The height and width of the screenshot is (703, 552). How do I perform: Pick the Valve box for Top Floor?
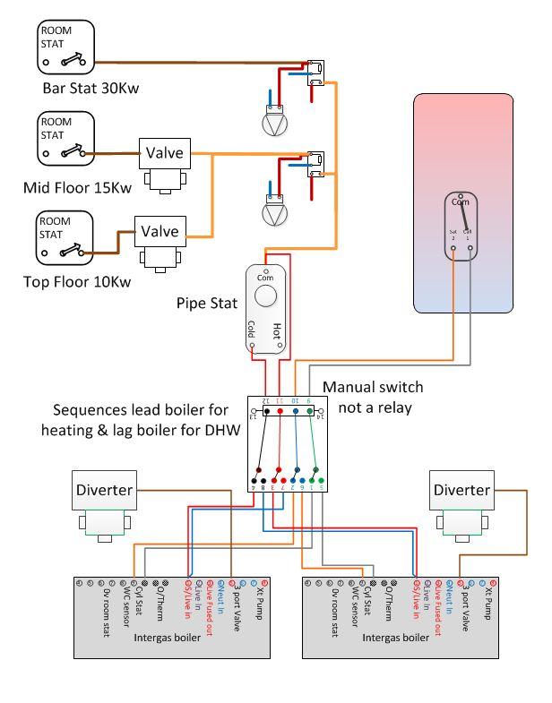160,230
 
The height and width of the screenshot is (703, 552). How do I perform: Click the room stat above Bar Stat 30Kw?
65,48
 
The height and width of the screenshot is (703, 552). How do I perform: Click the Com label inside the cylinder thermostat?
460,203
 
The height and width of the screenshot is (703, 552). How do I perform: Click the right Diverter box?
461,490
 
